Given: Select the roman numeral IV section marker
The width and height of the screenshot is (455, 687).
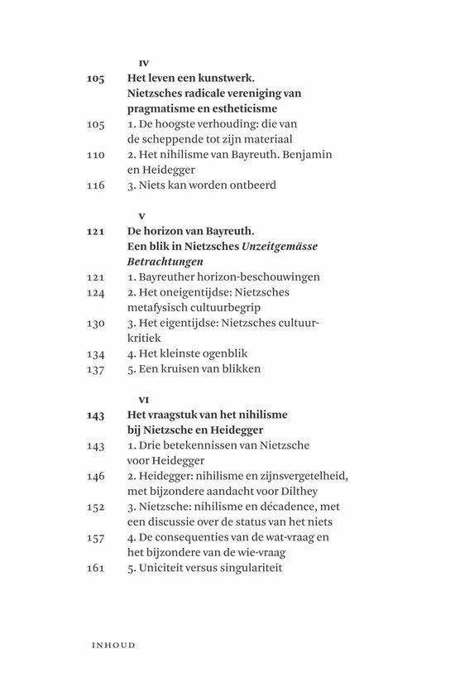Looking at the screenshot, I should [141, 63].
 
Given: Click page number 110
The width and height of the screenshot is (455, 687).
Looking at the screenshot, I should [95, 154].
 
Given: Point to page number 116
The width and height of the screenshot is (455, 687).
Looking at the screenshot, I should [95, 185].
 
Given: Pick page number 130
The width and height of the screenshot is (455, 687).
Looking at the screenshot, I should [95, 323].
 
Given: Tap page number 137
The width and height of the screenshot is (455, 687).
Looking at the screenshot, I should [95, 368].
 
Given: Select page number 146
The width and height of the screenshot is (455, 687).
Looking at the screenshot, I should [95, 476].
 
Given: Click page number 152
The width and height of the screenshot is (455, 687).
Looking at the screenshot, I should [95, 506].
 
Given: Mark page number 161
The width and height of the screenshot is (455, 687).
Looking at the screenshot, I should [95, 567].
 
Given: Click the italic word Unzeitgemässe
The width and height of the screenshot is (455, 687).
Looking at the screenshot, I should [275, 247].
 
